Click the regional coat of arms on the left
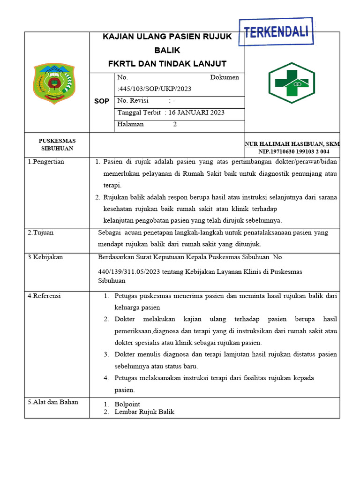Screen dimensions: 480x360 click(54, 83)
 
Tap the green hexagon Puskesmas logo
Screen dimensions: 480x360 click(291, 83)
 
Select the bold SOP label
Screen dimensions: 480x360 click(102, 101)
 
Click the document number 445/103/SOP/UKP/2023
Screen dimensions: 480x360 click(155, 89)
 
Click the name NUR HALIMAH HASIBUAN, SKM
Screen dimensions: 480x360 click(292, 144)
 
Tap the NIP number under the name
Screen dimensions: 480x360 click(293, 152)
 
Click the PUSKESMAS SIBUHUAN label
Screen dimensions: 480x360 click(57, 144)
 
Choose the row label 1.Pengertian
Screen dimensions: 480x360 click(46, 162)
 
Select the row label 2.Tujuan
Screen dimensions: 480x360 click(40, 232)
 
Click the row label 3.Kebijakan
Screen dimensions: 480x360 click(45, 257)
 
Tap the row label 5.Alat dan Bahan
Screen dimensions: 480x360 click(52, 402)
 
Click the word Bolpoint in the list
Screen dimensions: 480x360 click(127, 404)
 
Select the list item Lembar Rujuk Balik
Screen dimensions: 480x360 click(144, 412)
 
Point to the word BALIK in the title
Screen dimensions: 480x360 click(167, 50)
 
